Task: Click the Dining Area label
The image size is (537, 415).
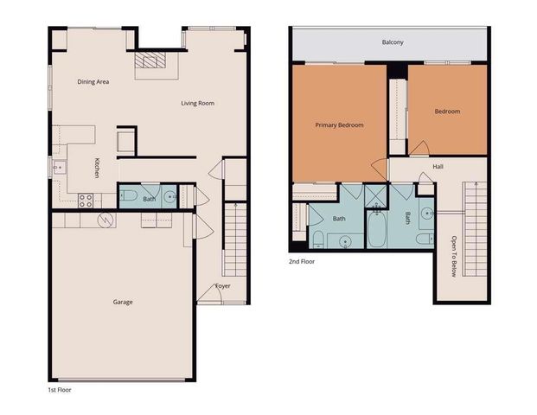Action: (93, 82)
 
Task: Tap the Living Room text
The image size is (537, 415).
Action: (197, 103)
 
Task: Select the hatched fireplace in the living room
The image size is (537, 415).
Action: (155, 60)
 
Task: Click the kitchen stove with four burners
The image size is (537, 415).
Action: (86, 200)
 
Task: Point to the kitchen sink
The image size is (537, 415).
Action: (59, 167)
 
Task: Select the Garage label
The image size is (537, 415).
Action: (123, 302)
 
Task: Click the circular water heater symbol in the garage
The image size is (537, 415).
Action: (105, 220)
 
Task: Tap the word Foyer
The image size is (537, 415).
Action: (223, 286)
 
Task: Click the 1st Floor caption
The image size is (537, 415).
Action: (60, 389)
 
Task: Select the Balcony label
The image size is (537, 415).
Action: (393, 42)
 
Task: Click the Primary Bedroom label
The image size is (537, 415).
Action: (339, 124)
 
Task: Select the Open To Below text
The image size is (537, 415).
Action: (454, 256)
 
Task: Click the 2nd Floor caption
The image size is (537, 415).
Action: (302, 259)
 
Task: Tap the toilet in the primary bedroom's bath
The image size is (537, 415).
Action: (317, 238)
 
